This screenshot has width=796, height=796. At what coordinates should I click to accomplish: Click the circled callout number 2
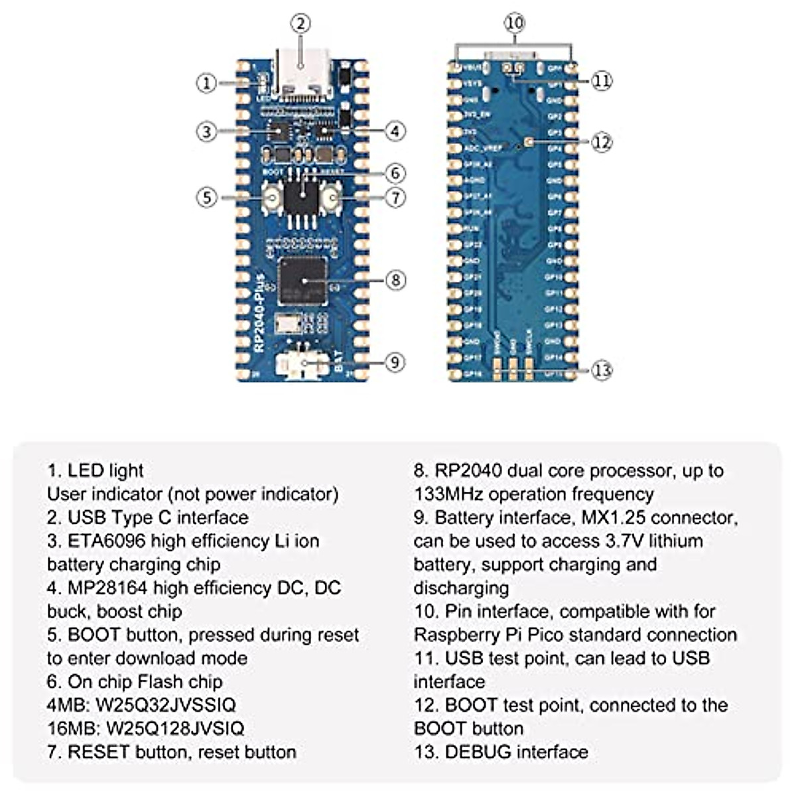[300, 24]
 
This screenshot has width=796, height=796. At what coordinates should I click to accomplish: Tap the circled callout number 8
[395, 280]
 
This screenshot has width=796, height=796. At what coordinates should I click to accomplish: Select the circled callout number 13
[601, 370]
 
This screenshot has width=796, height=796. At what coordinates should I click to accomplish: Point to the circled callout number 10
[514, 24]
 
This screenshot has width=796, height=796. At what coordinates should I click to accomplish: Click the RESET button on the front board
[330, 198]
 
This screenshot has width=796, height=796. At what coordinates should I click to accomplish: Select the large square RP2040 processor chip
[303, 281]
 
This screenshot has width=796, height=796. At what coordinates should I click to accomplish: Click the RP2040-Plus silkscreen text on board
[259, 312]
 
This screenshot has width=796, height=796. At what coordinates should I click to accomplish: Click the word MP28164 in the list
[107, 588]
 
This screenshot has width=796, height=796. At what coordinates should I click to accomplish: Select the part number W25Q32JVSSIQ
[166, 704]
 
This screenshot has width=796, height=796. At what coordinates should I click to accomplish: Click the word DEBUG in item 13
[478, 752]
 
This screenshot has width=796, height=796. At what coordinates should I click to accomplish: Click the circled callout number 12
[601, 142]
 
